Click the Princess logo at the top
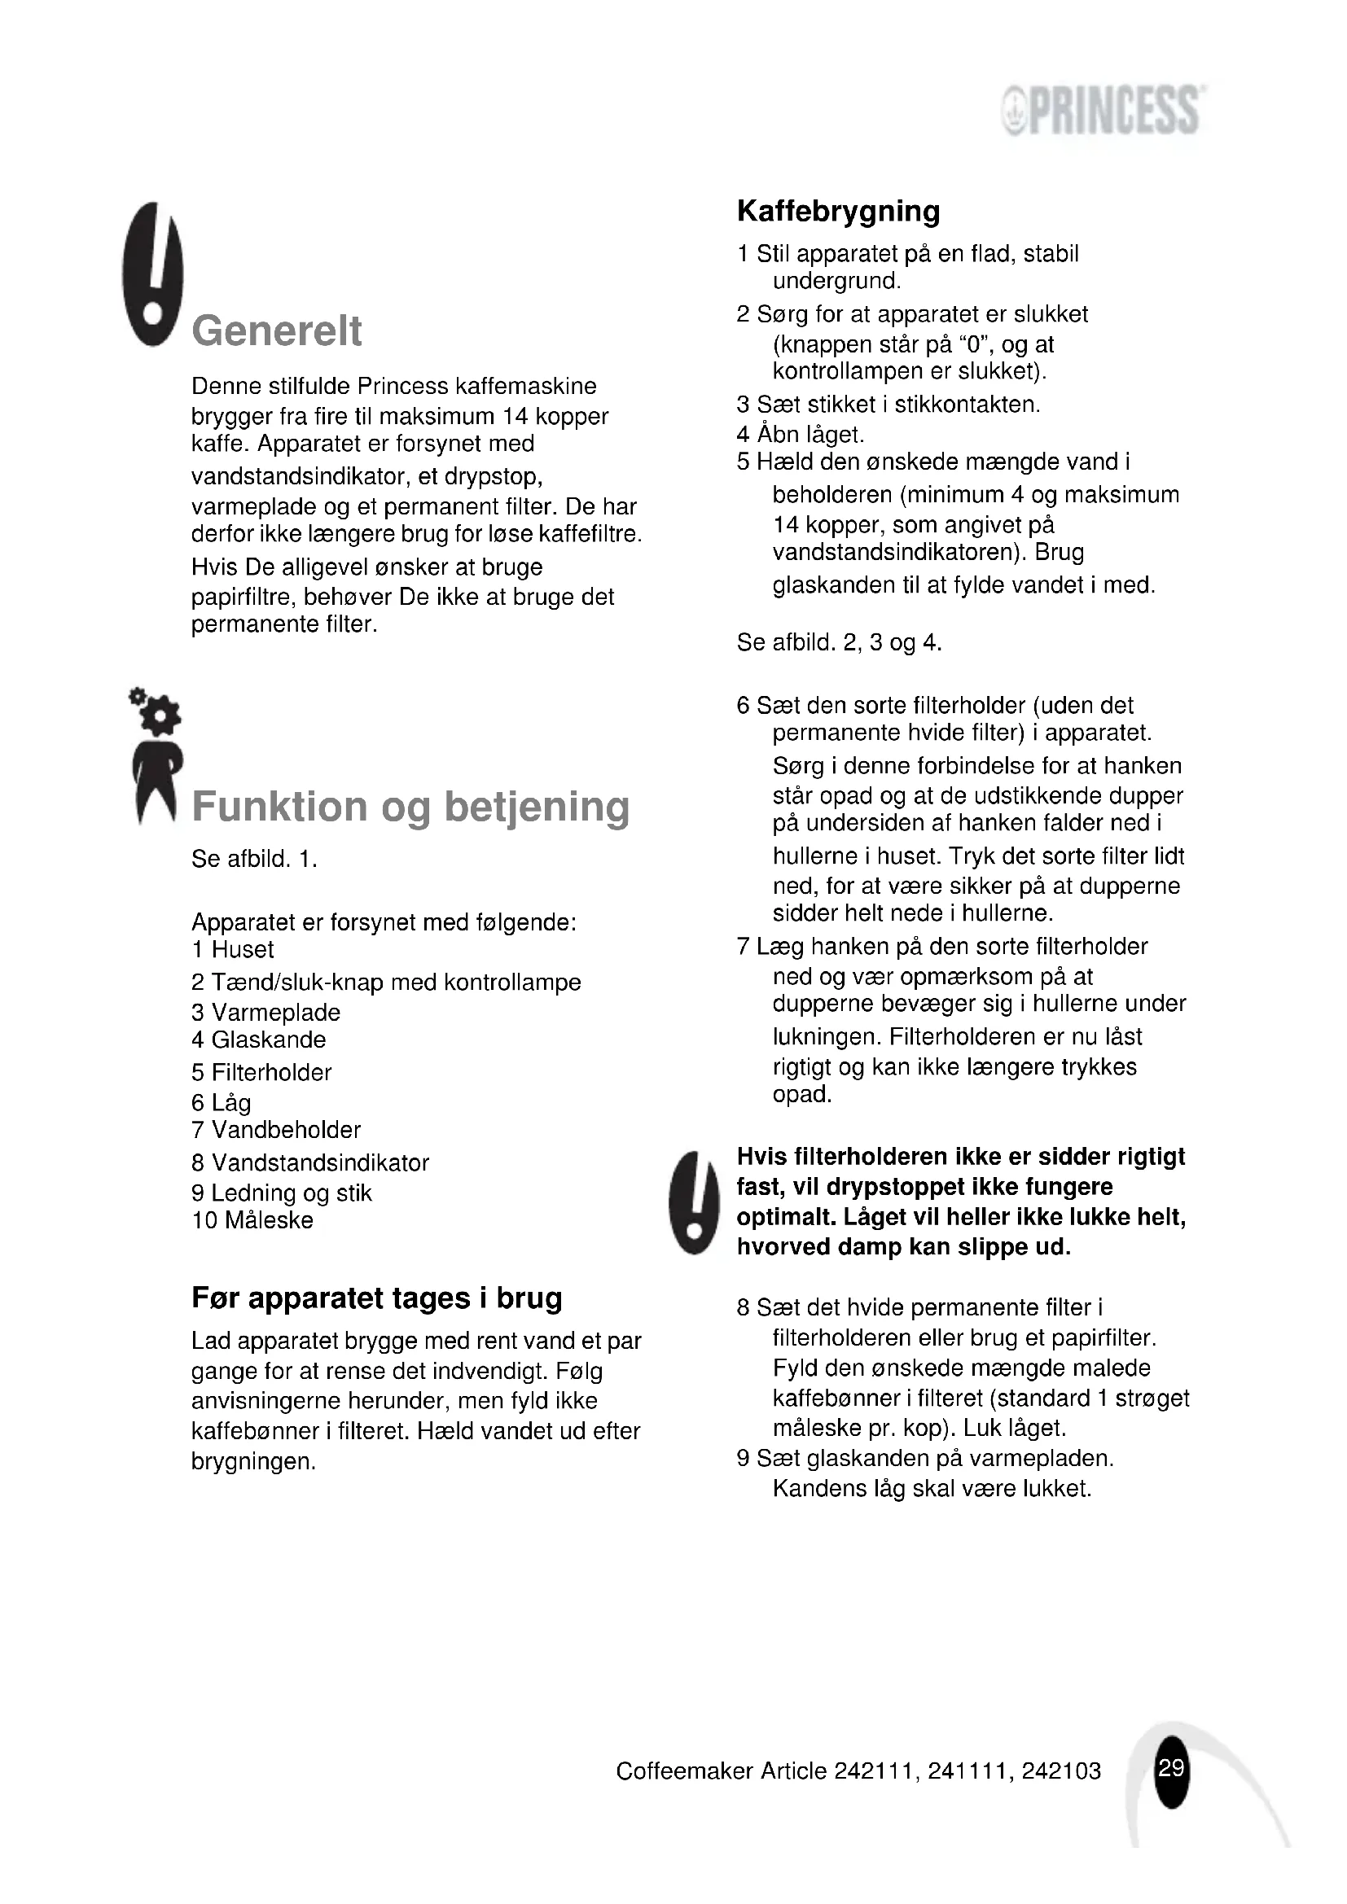pos(1104,110)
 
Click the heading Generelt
pos(277,330)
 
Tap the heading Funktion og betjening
pos(410,806)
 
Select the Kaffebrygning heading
pos(838,211)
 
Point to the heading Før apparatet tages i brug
pos(376,1298)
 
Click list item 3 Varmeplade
pos(265,1013)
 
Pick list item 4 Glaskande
pos(259,1040)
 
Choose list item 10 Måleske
pos(252,1220)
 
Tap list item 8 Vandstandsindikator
pos(310,1162)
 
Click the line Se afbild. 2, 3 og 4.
pos(839,643)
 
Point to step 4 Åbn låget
pos(801,434)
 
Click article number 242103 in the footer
pos(1061,1771)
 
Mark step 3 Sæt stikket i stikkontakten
pos(888,405)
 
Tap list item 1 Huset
pos(232,949)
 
